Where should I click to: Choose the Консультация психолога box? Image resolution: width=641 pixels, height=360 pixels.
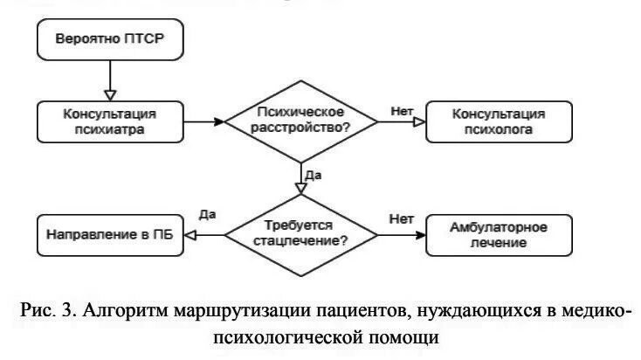coord(499,121)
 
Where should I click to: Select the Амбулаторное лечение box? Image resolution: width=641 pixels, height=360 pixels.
coord(499,233)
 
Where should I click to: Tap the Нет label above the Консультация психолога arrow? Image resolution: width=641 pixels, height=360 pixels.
coord(402,111)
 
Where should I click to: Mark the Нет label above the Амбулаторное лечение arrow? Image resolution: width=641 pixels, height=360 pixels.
coord(401,218)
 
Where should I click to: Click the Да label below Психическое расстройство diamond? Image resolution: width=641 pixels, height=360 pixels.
coord(315,175)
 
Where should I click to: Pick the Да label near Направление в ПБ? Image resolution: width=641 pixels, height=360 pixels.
coord(207,214)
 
